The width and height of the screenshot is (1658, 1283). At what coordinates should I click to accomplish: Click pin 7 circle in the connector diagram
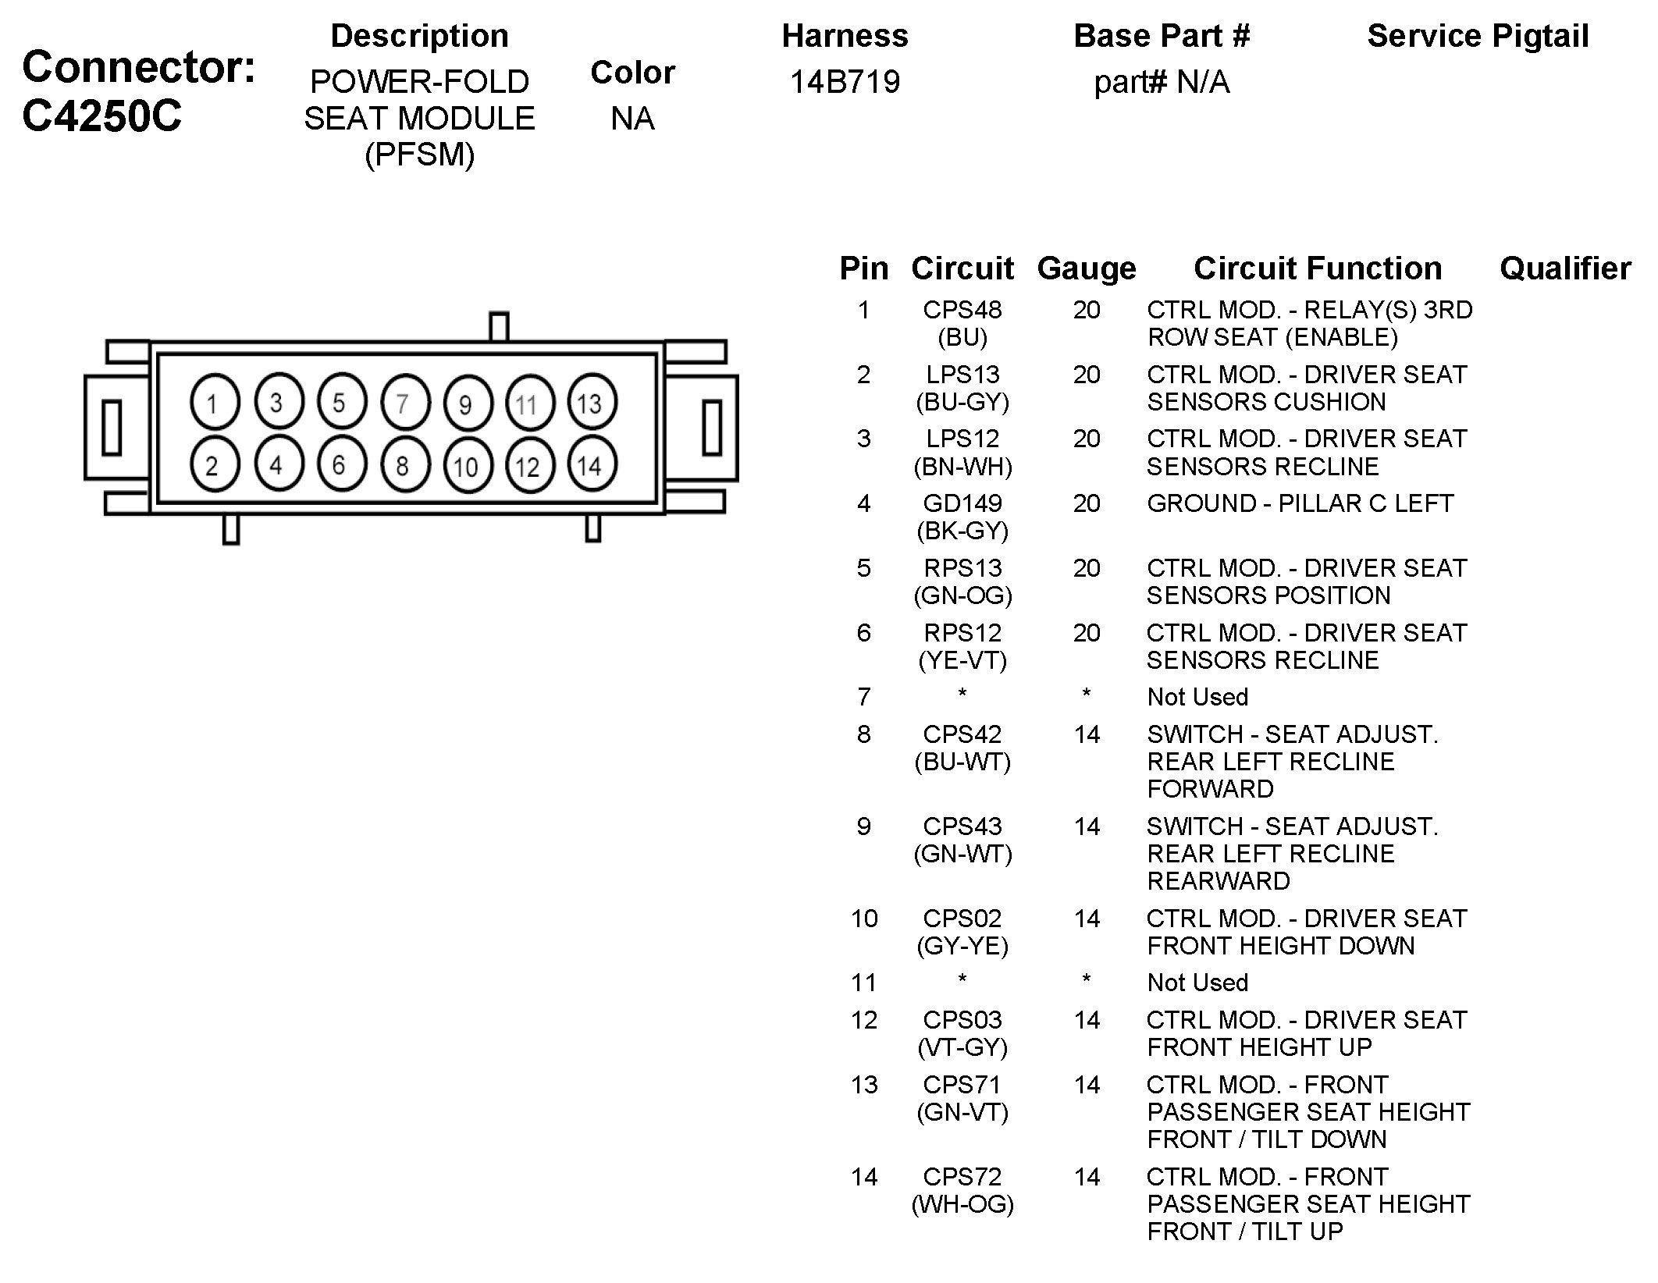point(404,403)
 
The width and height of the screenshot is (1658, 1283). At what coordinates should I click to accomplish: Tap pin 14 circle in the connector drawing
point(591,466)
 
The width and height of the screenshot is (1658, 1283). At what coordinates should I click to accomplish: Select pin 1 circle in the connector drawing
point(214,403)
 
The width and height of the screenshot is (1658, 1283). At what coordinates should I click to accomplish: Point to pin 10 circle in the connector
point(466,467)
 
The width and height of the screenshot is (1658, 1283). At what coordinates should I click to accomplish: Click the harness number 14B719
point(845,82)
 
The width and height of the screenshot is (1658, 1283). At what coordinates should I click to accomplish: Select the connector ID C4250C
point(101,116)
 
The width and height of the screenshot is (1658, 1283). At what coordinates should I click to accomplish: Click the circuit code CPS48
point(962,310)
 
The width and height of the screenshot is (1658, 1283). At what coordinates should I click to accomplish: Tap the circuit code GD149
point(962,503)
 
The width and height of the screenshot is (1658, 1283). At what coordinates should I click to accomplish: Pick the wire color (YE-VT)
point(962,660)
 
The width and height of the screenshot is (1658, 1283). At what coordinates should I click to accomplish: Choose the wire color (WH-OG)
point(962,1204)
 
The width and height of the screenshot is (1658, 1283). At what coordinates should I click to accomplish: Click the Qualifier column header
point(1564,268)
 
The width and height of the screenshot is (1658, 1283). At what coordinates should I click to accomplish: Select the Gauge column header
point(1086,268)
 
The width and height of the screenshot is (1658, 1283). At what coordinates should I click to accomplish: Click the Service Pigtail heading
point(1477,36)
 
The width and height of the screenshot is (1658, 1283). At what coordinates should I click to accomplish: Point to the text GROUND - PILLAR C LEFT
point(1300,503)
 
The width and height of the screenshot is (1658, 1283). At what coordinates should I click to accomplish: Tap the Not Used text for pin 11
point(1197,983)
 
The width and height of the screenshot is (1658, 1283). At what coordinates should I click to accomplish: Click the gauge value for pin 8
point(1086,734)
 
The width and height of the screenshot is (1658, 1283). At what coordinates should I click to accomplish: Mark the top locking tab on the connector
point(499,326)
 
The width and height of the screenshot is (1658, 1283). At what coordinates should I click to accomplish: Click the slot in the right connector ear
point(711,427)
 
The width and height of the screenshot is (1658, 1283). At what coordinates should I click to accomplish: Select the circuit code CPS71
point(962,1085)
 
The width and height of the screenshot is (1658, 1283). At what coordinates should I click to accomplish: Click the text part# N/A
point(1161,82)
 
